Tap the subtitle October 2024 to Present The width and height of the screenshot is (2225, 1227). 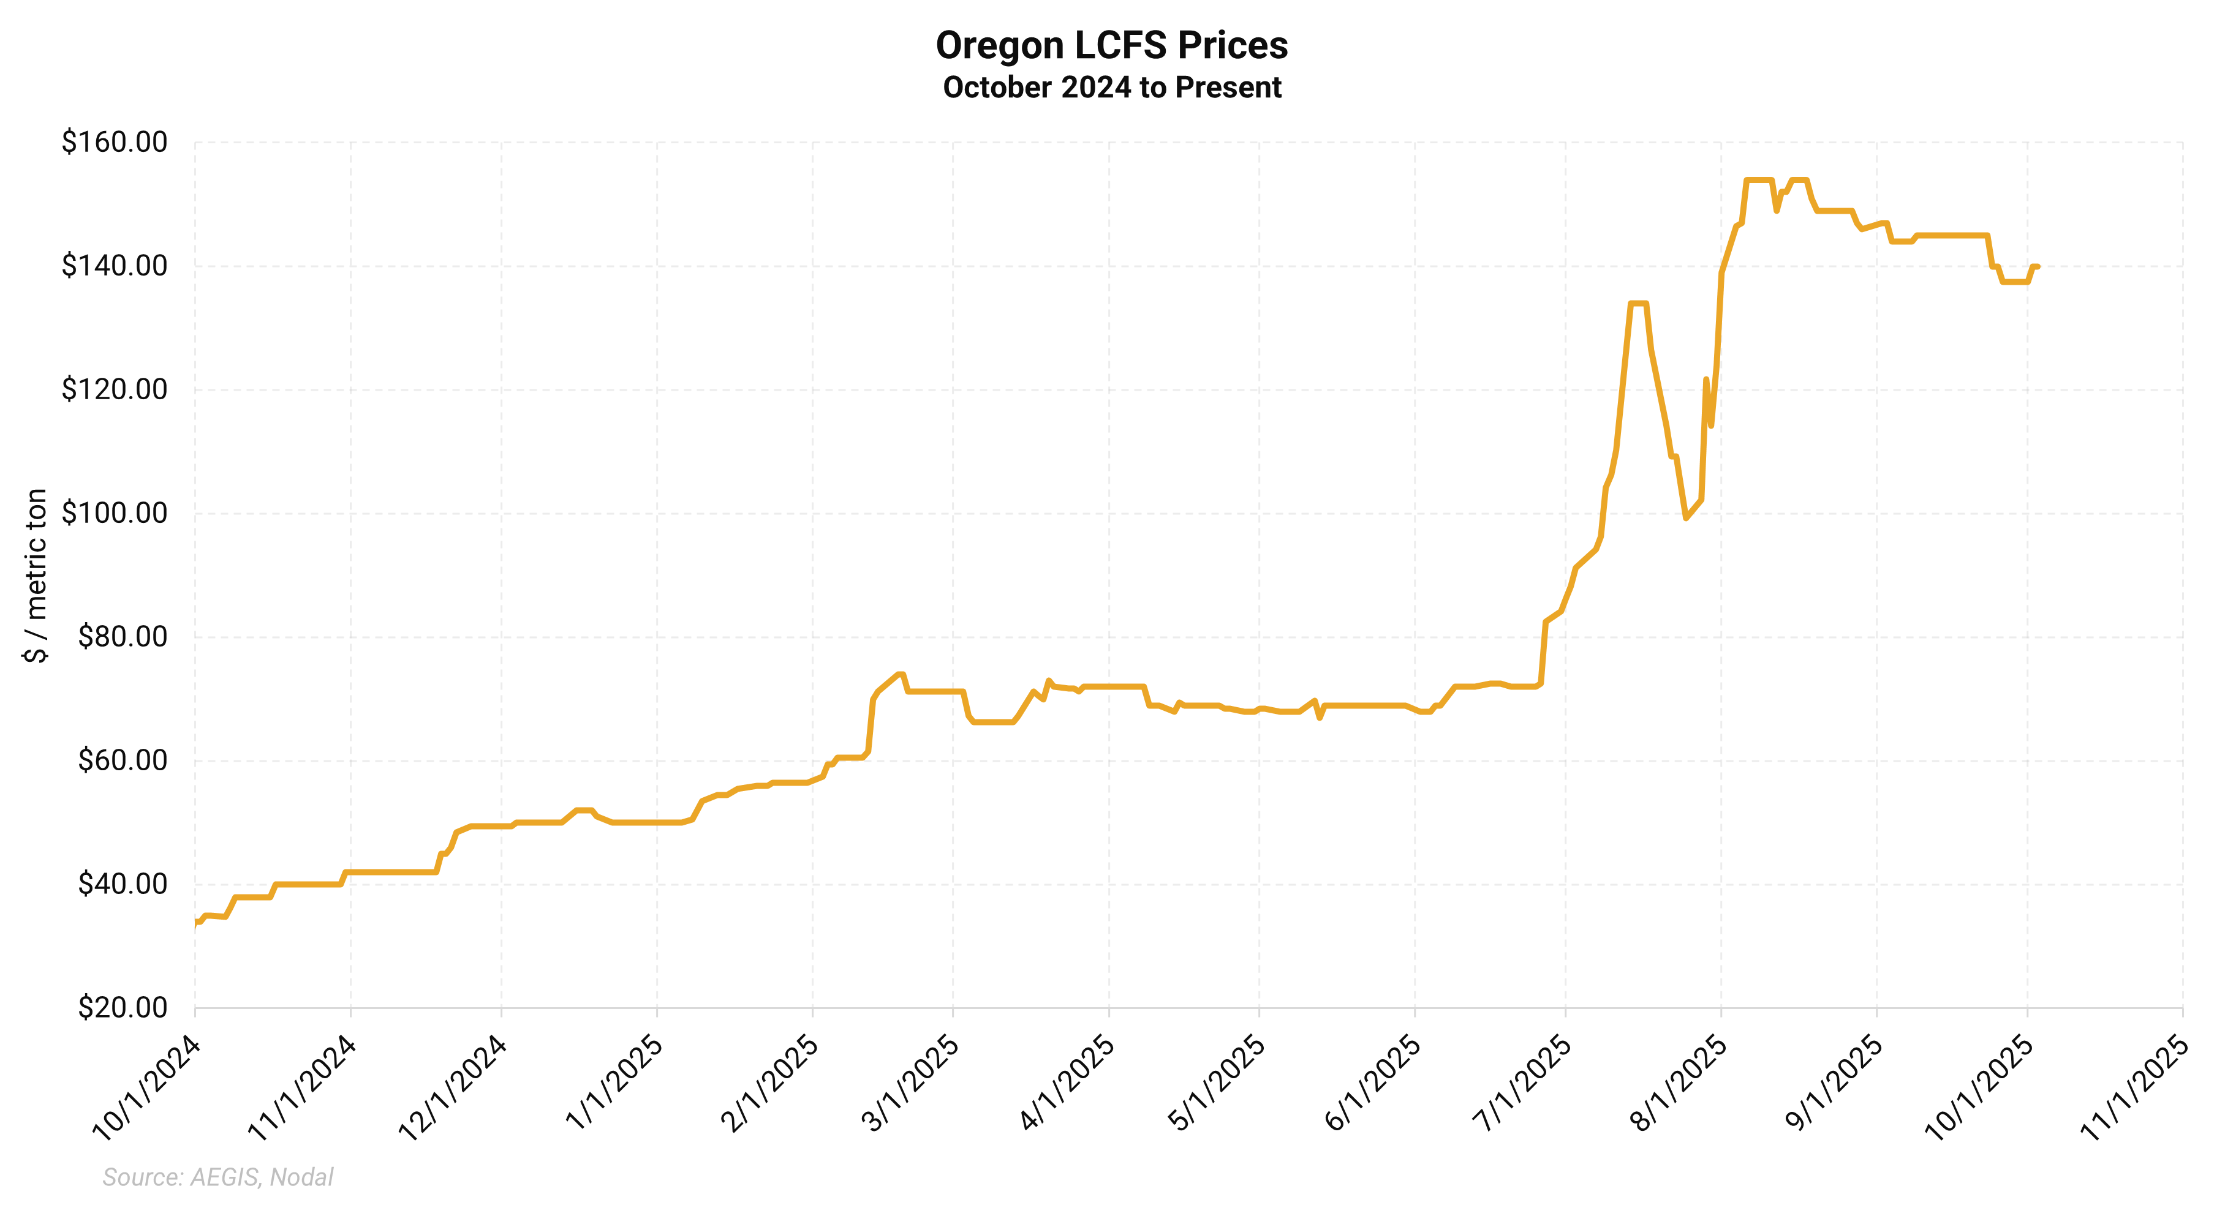(1112, 87)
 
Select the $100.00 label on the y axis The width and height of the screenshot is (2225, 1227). (114, 513)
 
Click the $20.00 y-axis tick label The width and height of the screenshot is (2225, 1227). (123, 1008)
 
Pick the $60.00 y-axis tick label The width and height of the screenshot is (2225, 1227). (123, 760)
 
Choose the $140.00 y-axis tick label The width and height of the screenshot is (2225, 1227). (114, 266)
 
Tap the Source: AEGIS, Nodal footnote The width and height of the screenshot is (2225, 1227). (217, 1177)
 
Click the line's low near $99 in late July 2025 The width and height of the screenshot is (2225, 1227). (1685, 518)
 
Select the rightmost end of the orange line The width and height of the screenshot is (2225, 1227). (2038, 267)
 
